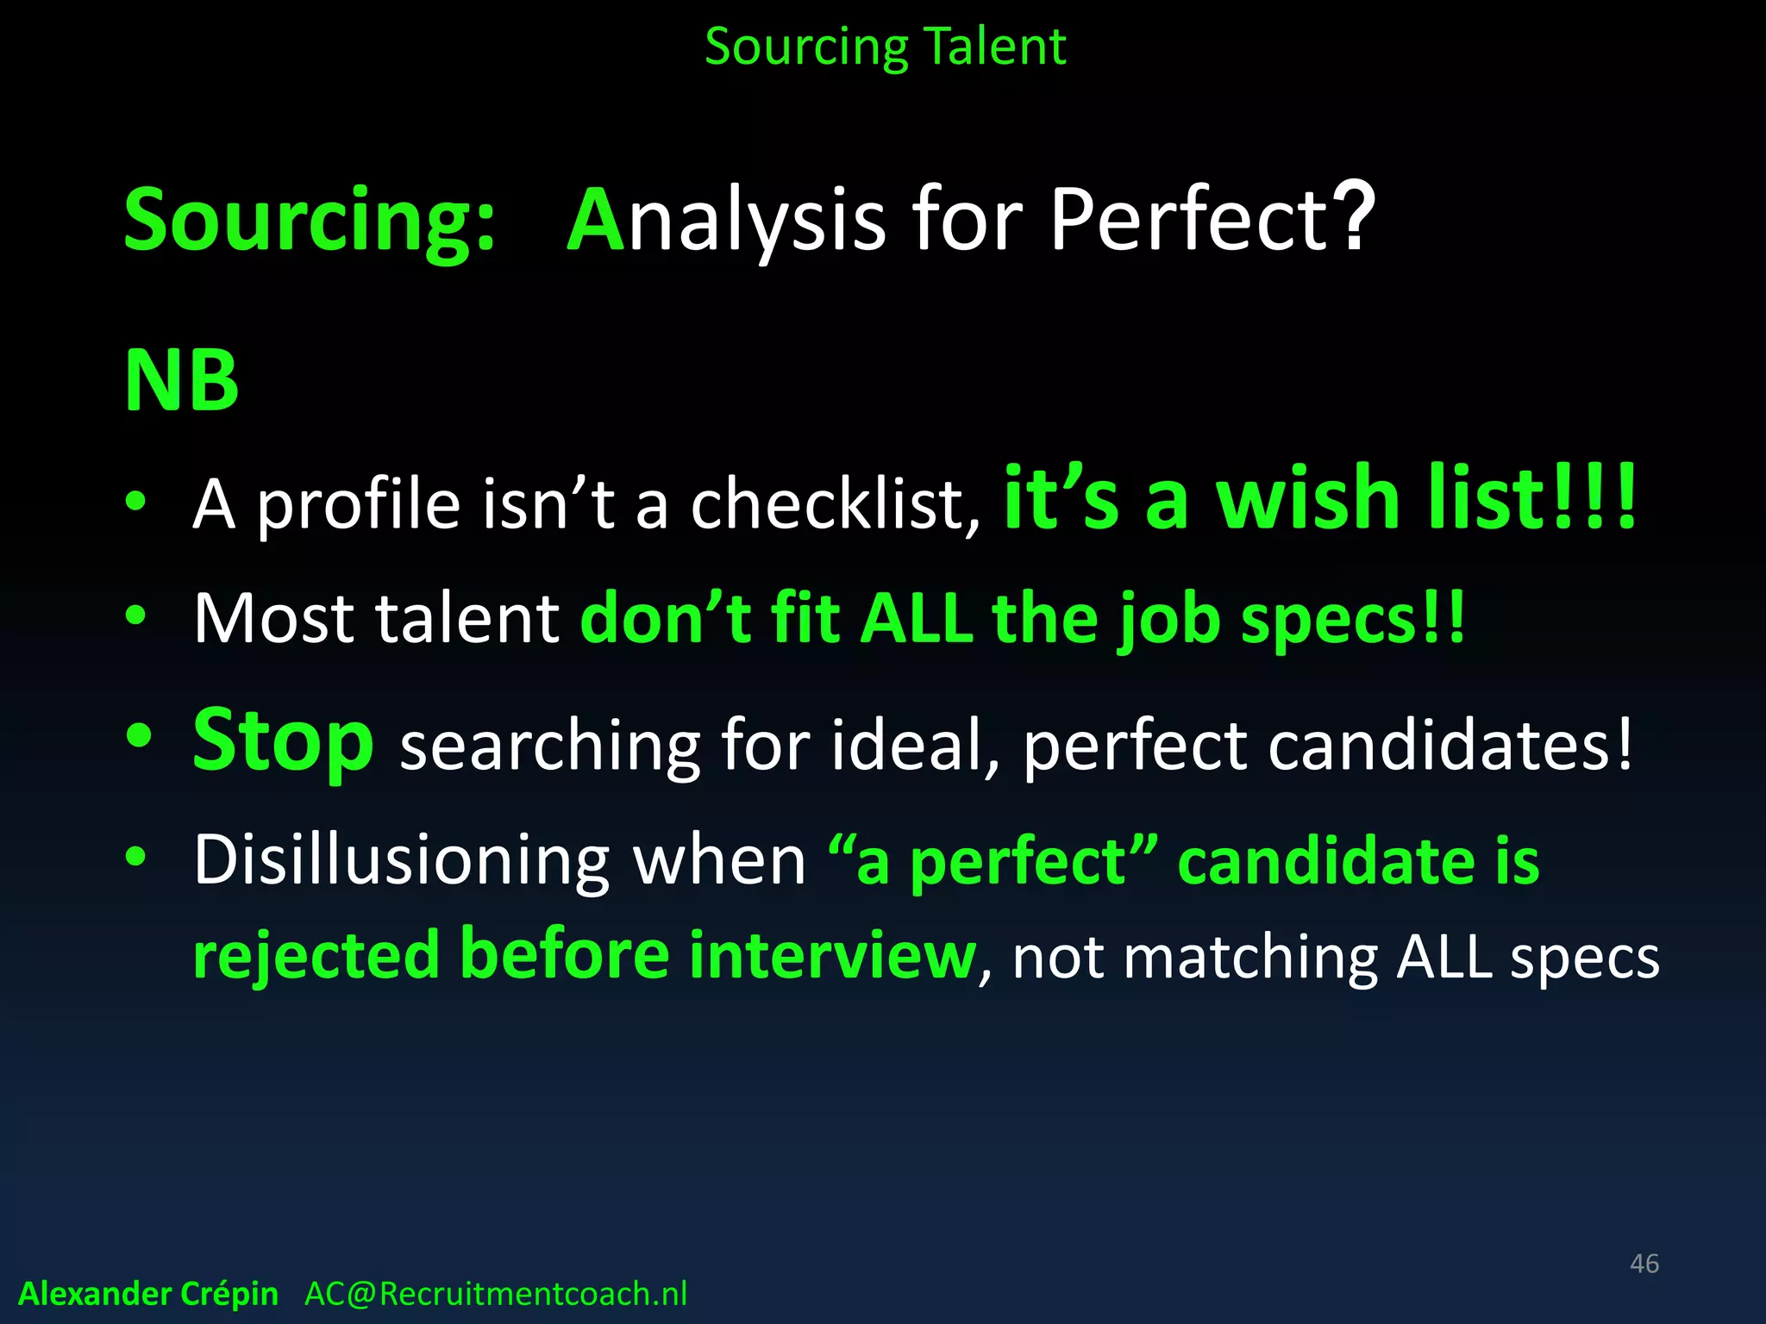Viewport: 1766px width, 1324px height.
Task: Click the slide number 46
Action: (1644, 1264)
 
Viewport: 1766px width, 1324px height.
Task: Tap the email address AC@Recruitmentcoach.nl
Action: (496, 1294)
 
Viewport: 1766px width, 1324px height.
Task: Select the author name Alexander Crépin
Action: (148, 1294)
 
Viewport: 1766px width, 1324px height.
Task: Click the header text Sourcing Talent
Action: (885, 47)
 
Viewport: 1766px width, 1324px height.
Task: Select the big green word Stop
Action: (283, 740)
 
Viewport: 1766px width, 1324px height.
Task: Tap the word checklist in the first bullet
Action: (834, 504)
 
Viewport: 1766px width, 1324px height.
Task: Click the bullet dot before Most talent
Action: (136, 615)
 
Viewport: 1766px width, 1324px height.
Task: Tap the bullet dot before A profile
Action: (136, 501)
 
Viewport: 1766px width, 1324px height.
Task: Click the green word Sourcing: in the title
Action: (310, 221)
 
